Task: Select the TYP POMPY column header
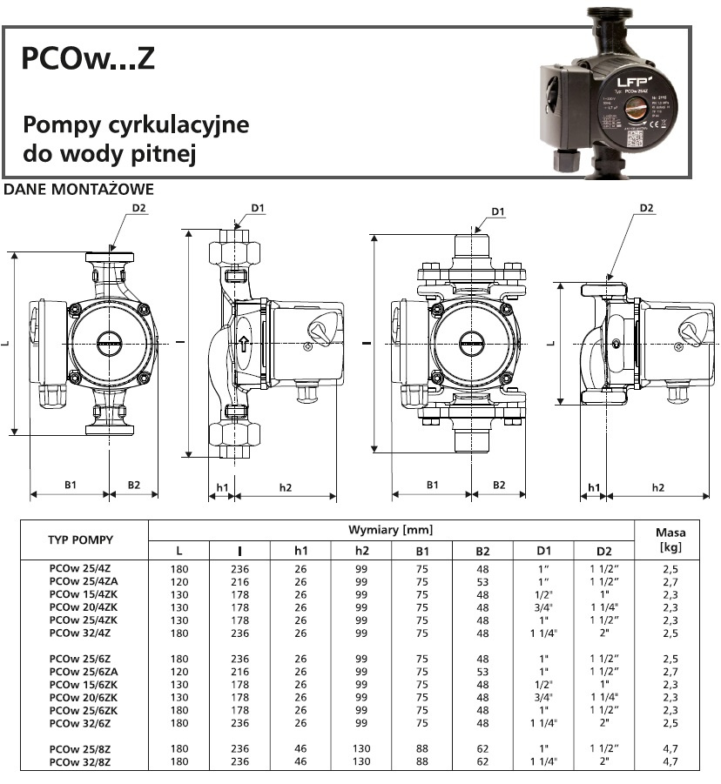click(x=80, y=539)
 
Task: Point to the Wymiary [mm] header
click(x=390, y=530)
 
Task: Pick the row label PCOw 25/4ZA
click(x=81, y=580)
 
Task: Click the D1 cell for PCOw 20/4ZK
click(x=544, y=606)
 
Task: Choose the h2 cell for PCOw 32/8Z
click(x=361, y=761)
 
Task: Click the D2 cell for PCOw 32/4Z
click(x=605, y=633)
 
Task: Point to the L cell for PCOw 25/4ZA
click(x=179, y=580)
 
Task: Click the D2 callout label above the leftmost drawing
click(x=139, y=209)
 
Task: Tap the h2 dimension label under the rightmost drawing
click(x=657, y=487)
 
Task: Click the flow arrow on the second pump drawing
click(x=245, y=345)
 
